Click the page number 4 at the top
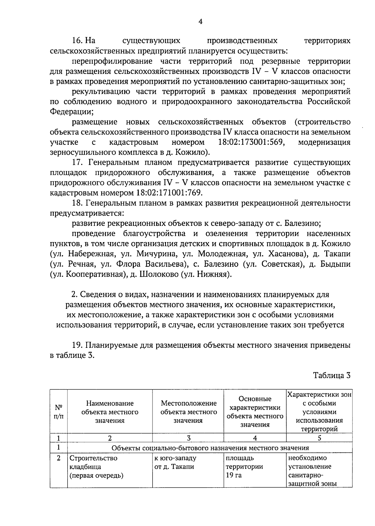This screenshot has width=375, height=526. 200,21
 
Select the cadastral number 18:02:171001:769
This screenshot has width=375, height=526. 169,193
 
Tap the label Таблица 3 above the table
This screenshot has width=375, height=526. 332,375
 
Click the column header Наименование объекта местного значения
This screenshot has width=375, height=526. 110,412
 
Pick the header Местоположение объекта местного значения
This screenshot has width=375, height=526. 188,412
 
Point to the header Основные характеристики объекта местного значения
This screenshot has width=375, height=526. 255,412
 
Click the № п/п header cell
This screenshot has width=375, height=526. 58,412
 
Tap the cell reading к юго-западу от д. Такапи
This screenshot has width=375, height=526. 175,462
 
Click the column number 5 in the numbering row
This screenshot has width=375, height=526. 319,438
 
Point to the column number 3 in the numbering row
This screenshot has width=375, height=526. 188,438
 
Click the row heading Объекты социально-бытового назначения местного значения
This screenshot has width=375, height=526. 210,448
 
